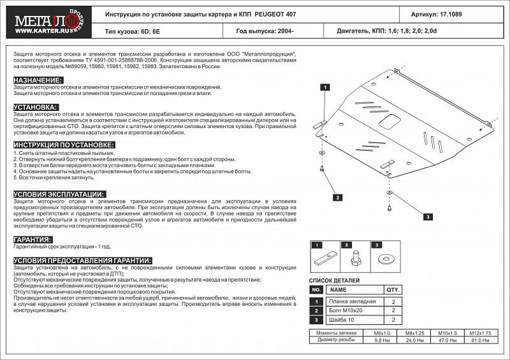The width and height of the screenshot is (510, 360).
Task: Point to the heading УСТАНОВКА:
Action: (36, 107)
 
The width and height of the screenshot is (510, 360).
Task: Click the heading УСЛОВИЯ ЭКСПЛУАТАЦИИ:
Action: (59, 194)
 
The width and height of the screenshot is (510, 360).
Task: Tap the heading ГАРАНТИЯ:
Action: (33, 239)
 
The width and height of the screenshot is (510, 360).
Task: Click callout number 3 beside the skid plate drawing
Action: (428, 217)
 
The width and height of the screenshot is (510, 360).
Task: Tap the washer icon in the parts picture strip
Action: (385, 259)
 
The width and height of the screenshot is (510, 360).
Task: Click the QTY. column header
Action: (393, 289)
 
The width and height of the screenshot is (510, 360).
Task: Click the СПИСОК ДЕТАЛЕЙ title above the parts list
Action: (334, 280)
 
